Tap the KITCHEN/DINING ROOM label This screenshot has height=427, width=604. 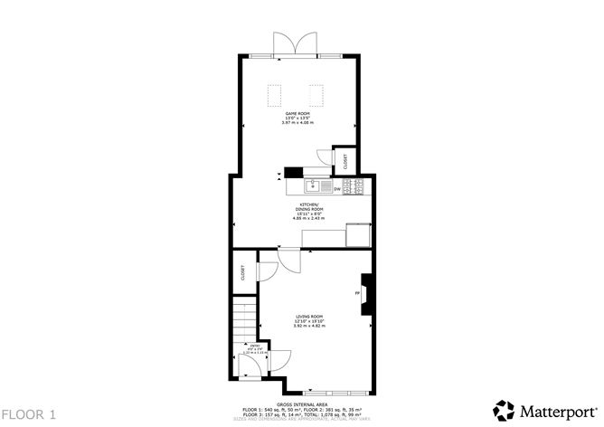pyautogui.click(x=307, y=207)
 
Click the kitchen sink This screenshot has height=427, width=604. pyautogui.click(x=312, y=187)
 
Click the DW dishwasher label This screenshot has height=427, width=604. pyautogui.click(x=336, y=189)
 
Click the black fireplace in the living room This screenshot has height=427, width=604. pyautogui.click(x=365, y=294)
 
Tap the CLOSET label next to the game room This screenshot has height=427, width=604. pyautogui.click(x=346, y=159)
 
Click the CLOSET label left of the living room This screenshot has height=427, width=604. pyautogui.click(x=243, y=271)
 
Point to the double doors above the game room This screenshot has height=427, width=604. pyautogui.click(x=297, y=43)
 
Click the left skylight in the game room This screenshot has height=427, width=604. pyautogui.click(x=276, y=94)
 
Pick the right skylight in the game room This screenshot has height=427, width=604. pyautogui.click(x=317, y=94)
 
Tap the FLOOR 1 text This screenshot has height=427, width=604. pyautogui.click(x=29, y=414)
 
